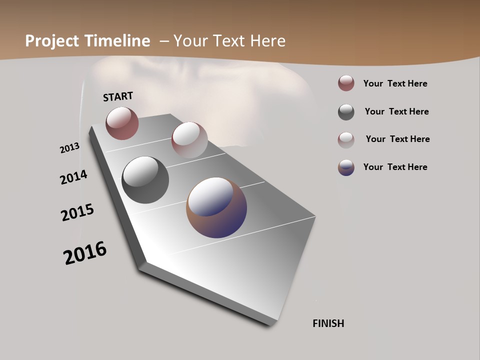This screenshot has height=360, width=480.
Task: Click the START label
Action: (118, 96)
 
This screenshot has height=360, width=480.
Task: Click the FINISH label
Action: (328, 323)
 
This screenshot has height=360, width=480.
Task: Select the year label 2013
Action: (69, 148)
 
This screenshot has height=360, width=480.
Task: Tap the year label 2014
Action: (73, 177)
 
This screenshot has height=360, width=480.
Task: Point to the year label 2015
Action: (77, 212)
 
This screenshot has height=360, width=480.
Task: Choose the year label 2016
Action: (85, 253)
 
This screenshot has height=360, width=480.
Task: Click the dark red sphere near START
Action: (122, 123)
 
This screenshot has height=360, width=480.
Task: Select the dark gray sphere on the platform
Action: (145, 180)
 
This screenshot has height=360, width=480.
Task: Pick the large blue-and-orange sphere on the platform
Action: (216, 207)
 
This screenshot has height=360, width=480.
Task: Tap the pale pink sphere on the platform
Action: (189, 139)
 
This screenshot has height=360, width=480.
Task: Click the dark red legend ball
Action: (346, 83)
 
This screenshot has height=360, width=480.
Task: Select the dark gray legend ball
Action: (346, 112)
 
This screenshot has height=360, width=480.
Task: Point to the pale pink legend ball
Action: (346, 139)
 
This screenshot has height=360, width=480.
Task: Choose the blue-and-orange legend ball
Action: (346, 167)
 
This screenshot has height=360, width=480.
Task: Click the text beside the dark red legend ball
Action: (395, 83)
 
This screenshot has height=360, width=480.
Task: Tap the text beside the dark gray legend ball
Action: (396, 111)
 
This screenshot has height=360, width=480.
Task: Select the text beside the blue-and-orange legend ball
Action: (395, 167)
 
